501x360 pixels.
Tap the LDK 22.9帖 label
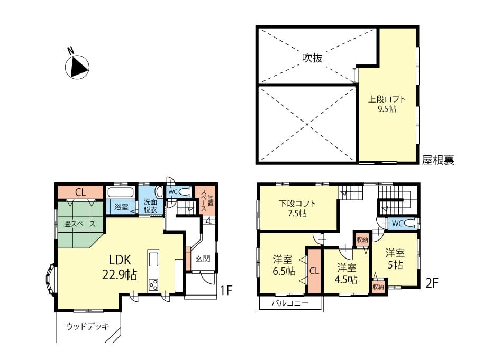120,267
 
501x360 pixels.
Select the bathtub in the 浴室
121,192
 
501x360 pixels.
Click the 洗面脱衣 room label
150,206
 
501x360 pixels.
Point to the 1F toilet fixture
185,192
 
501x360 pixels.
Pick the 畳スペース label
80,224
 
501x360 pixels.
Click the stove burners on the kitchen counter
153,284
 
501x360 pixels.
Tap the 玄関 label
203,258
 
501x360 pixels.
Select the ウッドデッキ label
87,326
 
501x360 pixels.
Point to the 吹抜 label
312,58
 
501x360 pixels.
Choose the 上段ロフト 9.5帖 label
387,104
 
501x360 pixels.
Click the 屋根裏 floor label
438,160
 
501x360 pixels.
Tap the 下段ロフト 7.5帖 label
297,208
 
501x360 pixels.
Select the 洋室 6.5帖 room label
284,265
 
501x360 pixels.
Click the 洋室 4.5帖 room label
346,273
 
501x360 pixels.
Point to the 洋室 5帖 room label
395,259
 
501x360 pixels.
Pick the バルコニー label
290,303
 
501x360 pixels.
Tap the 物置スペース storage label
206,200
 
